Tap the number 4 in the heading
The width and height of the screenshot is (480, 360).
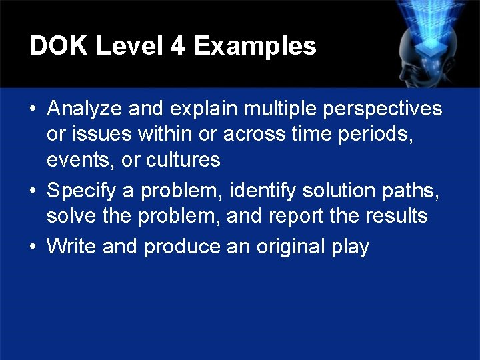tap(177, 46)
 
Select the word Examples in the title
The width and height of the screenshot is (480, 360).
tap(255, 46)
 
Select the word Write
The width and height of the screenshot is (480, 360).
tap(72, 247)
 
